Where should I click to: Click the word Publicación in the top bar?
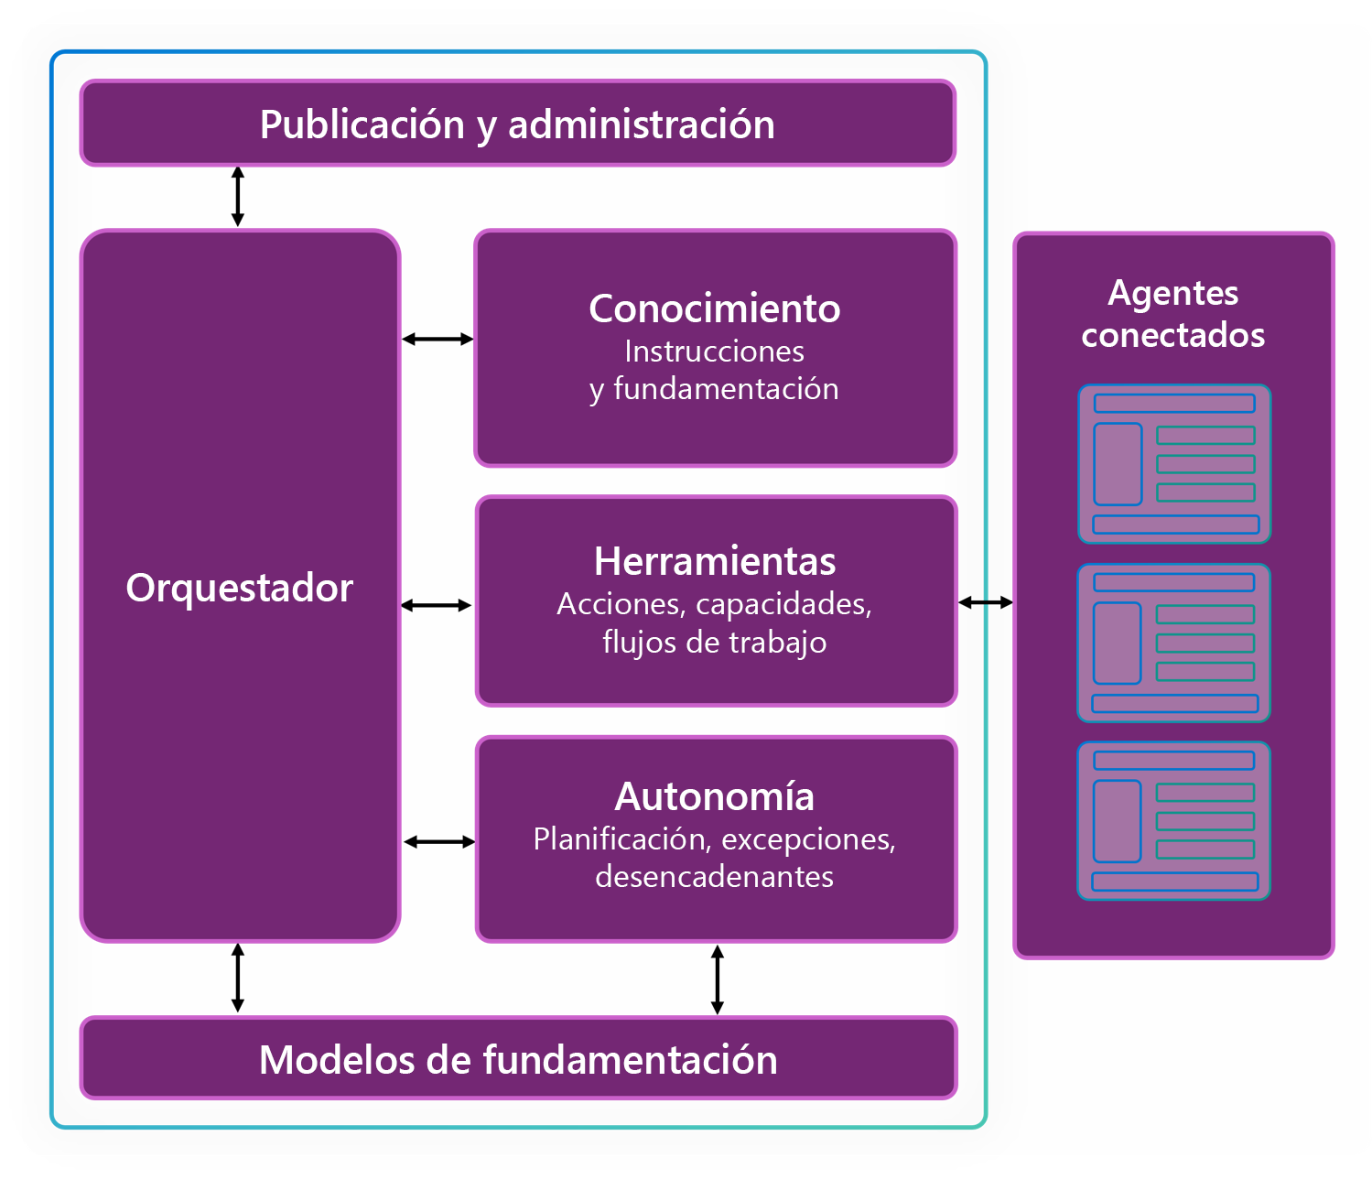362,124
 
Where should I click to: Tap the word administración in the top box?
642,124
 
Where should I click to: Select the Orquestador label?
240,589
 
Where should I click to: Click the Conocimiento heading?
714,308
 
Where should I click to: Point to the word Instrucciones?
714,352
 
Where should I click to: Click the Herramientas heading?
715,561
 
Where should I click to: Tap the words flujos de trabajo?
715,643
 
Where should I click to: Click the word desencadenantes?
714,876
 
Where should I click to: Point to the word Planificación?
622,839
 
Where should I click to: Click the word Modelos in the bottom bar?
337,1059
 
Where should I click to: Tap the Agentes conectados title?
1172,314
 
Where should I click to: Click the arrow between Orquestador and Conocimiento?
438,340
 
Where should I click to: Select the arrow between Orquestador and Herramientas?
436,605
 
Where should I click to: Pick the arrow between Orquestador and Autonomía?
438,842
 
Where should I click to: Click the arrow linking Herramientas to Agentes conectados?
986,602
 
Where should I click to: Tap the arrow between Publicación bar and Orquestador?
238,197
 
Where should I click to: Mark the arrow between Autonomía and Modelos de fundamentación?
717,979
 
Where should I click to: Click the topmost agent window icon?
1174,464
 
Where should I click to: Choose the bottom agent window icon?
1173,821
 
